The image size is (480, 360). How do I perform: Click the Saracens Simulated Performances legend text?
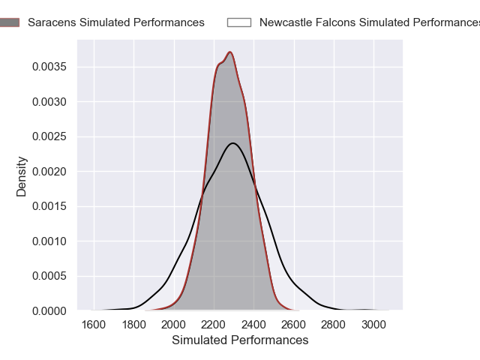pyautogui.click(x=115, y=22)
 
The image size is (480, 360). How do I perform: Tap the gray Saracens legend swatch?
pyautogui.click(x=10, y=22)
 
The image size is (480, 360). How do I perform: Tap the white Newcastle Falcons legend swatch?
pyautogui.click(x=238, y=22)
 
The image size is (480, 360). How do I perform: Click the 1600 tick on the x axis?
pyautogui.click(x=93, y=325)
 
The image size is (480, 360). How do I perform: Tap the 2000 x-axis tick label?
pyautogui.click(x=173, y=325)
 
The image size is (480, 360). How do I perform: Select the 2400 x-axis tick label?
pyautogui.click(x=253, y=325)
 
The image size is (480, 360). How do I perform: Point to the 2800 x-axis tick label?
pyautogui.click(x=334, y=325)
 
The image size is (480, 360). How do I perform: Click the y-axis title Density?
pyautogui.click(x=22, y=176)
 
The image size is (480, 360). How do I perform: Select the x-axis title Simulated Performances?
pyautogui.click(x=240, y=340)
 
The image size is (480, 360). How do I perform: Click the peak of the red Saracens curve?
pyautogui.click(x=230, y=52)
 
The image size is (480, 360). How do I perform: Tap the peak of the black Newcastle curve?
pyautogui.click(x=233, y=142)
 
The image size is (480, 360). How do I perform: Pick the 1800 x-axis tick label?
pyautogui.click(x=133, y=325)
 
